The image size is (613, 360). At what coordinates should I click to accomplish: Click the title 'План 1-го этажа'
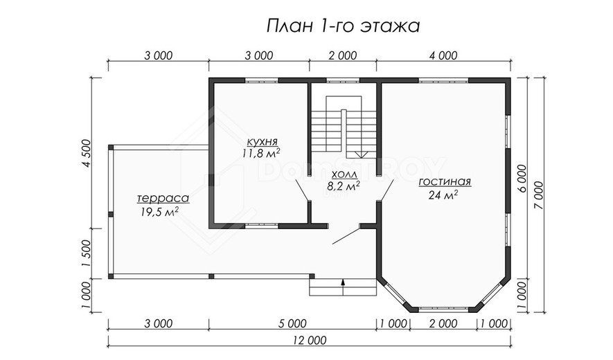(x=344, y=26)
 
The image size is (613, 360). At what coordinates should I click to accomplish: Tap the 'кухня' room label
(x=263, y=141)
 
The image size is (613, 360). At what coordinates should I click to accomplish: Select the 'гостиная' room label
(x=445, y=182)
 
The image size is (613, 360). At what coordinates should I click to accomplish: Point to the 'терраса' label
(x=163, y=198)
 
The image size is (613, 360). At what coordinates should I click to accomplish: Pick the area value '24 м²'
(x=443, y=195)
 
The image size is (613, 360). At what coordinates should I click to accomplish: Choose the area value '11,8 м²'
(x=261, y=153)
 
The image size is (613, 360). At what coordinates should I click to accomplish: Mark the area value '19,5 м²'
(x=159, y=211)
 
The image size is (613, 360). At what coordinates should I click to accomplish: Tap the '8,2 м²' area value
(x=344, y=186)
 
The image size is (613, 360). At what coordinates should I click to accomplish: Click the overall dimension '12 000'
(x=309, y=341)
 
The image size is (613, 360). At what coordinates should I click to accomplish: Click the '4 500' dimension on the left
(x=87, y=153)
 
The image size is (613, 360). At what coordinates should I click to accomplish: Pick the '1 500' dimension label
(x=87, y=253)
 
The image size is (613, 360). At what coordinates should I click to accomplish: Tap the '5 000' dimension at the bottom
(x=292, y=323)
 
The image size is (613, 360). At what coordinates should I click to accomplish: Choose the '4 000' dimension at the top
(x=443, y=55)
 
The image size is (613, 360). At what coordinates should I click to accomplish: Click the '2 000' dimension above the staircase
(x=343, y=55)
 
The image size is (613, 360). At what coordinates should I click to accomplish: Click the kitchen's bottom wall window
(x=262, y=226)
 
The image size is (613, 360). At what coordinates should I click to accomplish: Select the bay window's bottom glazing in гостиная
(x=443, y=309)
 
